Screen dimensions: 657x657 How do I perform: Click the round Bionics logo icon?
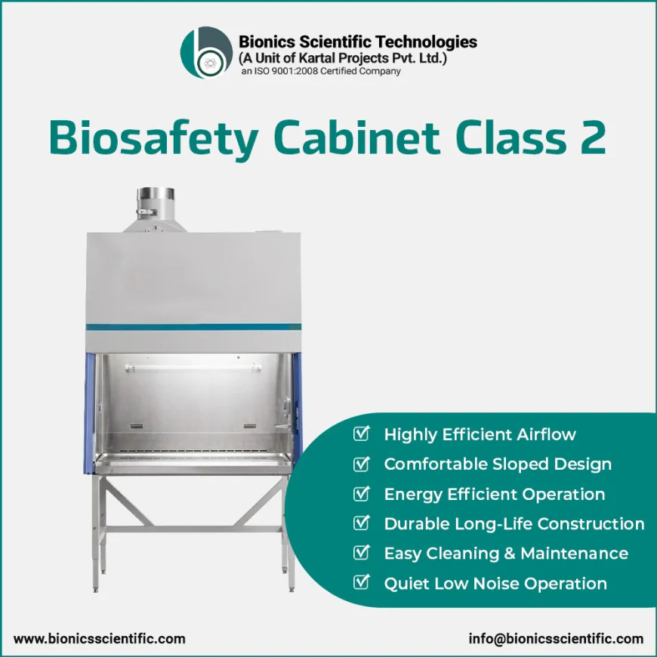[206, 52]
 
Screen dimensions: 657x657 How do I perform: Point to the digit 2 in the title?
[593, 137]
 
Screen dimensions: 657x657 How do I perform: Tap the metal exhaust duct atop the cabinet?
[156, 209]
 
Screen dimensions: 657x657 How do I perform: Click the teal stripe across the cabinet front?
[193, 327]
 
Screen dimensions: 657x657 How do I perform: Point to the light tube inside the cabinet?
[193, 368]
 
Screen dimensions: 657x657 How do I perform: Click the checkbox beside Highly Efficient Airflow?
[361, 433]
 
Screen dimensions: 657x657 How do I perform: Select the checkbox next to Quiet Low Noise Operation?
[361, 582]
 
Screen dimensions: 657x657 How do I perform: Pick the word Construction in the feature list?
[591, 524]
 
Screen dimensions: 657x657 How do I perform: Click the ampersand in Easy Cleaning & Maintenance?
[510, 554]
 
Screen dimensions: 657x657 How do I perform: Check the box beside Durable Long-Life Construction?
[361, 523]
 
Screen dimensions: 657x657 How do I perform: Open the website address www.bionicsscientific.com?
[99, 639]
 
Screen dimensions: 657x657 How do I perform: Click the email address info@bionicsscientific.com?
[556, 639]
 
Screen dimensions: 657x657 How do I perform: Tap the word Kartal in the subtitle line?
[315, 58]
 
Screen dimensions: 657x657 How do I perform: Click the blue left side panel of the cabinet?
[89, 414]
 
